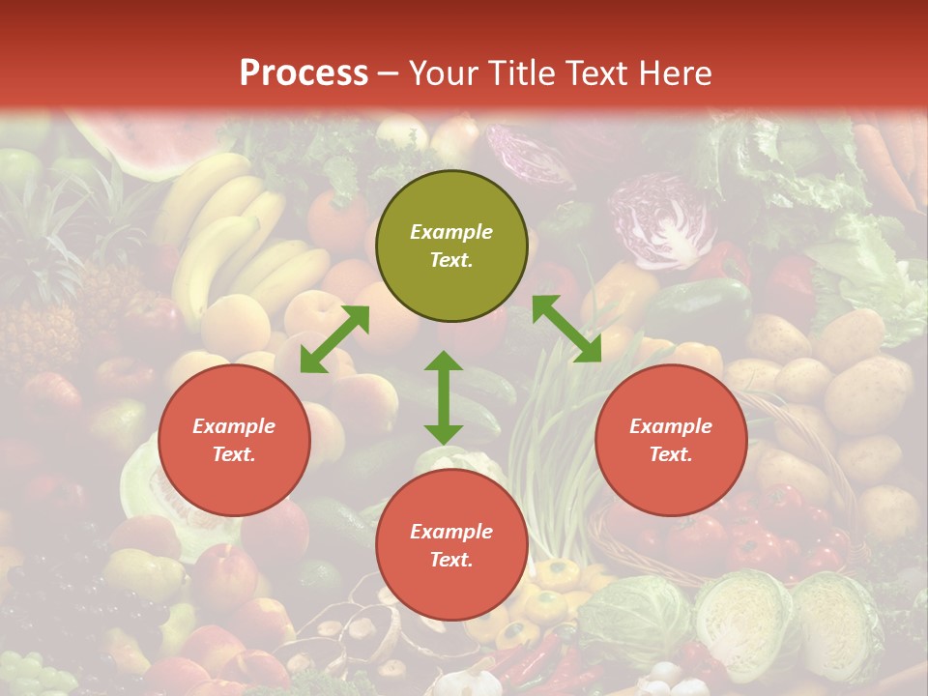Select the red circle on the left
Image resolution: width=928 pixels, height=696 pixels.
click(234, 440)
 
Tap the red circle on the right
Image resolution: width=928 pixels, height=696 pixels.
click(671, 440)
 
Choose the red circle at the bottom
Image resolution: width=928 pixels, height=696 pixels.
click(451, 545)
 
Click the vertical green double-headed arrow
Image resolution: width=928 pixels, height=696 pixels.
click(444, 397)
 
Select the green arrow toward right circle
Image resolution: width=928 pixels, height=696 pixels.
click(566, 329)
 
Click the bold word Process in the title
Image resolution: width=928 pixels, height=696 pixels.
click(304, 73)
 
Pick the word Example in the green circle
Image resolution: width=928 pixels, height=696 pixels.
click(451, 232)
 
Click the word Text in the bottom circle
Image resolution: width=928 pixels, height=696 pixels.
click(449, 560)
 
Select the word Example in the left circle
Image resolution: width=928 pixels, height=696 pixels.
click(234, 426)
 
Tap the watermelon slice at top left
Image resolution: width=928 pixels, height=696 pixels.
click(135, 145)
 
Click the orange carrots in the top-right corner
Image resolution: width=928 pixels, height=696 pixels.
click(889, 155)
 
